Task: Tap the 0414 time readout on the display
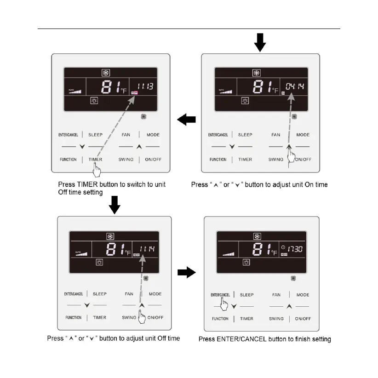[x=295, y=86]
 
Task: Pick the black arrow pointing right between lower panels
[x=187, y=273]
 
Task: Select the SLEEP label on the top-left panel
[x=96, y=135]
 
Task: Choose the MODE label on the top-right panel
[x=303, y=135]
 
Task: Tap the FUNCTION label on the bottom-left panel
[x=73, y=318]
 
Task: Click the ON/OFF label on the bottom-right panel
[x=303, y=319]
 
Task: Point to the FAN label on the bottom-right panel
[x=276, y=295]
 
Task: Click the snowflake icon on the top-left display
[x=105, y=73]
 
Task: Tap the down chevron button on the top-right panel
[x=232, y=147]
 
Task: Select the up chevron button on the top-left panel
[x=139, y=147]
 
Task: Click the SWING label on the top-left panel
[x=126, y=160]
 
